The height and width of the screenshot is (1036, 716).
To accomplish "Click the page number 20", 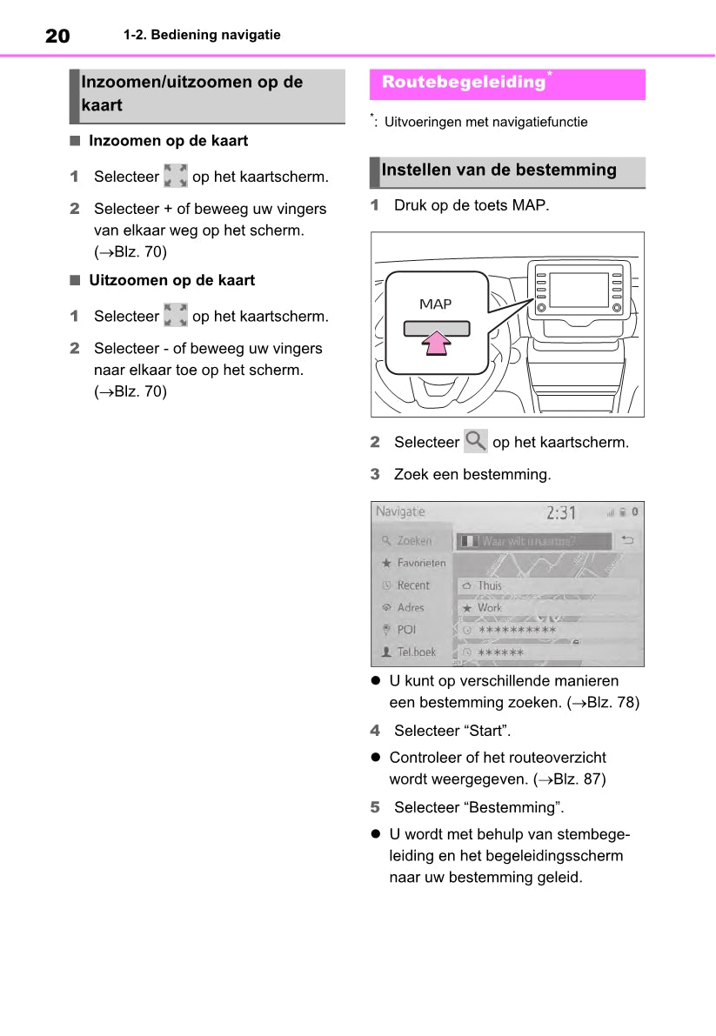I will click(57, 36).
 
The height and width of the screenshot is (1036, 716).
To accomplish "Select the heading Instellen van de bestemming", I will click(499, 170).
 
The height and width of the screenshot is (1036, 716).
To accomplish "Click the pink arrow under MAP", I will click(436, 343).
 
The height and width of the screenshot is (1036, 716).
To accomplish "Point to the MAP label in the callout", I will click(436, 304).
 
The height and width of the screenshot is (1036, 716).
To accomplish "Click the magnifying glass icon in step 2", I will click(476, 441).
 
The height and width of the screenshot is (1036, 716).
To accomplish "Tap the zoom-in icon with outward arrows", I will click(176, 177).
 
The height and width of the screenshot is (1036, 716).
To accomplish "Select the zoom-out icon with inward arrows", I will click(176, 316).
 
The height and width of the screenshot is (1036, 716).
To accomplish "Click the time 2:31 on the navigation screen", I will click(561, 512).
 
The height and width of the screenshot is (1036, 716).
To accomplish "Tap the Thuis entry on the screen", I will click(490, 585).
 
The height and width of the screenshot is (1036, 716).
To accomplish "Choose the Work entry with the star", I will click(489, 607).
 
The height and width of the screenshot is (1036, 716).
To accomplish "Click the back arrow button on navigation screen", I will click(627, 540).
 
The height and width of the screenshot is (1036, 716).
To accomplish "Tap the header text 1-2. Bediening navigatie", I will click(202, 36).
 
